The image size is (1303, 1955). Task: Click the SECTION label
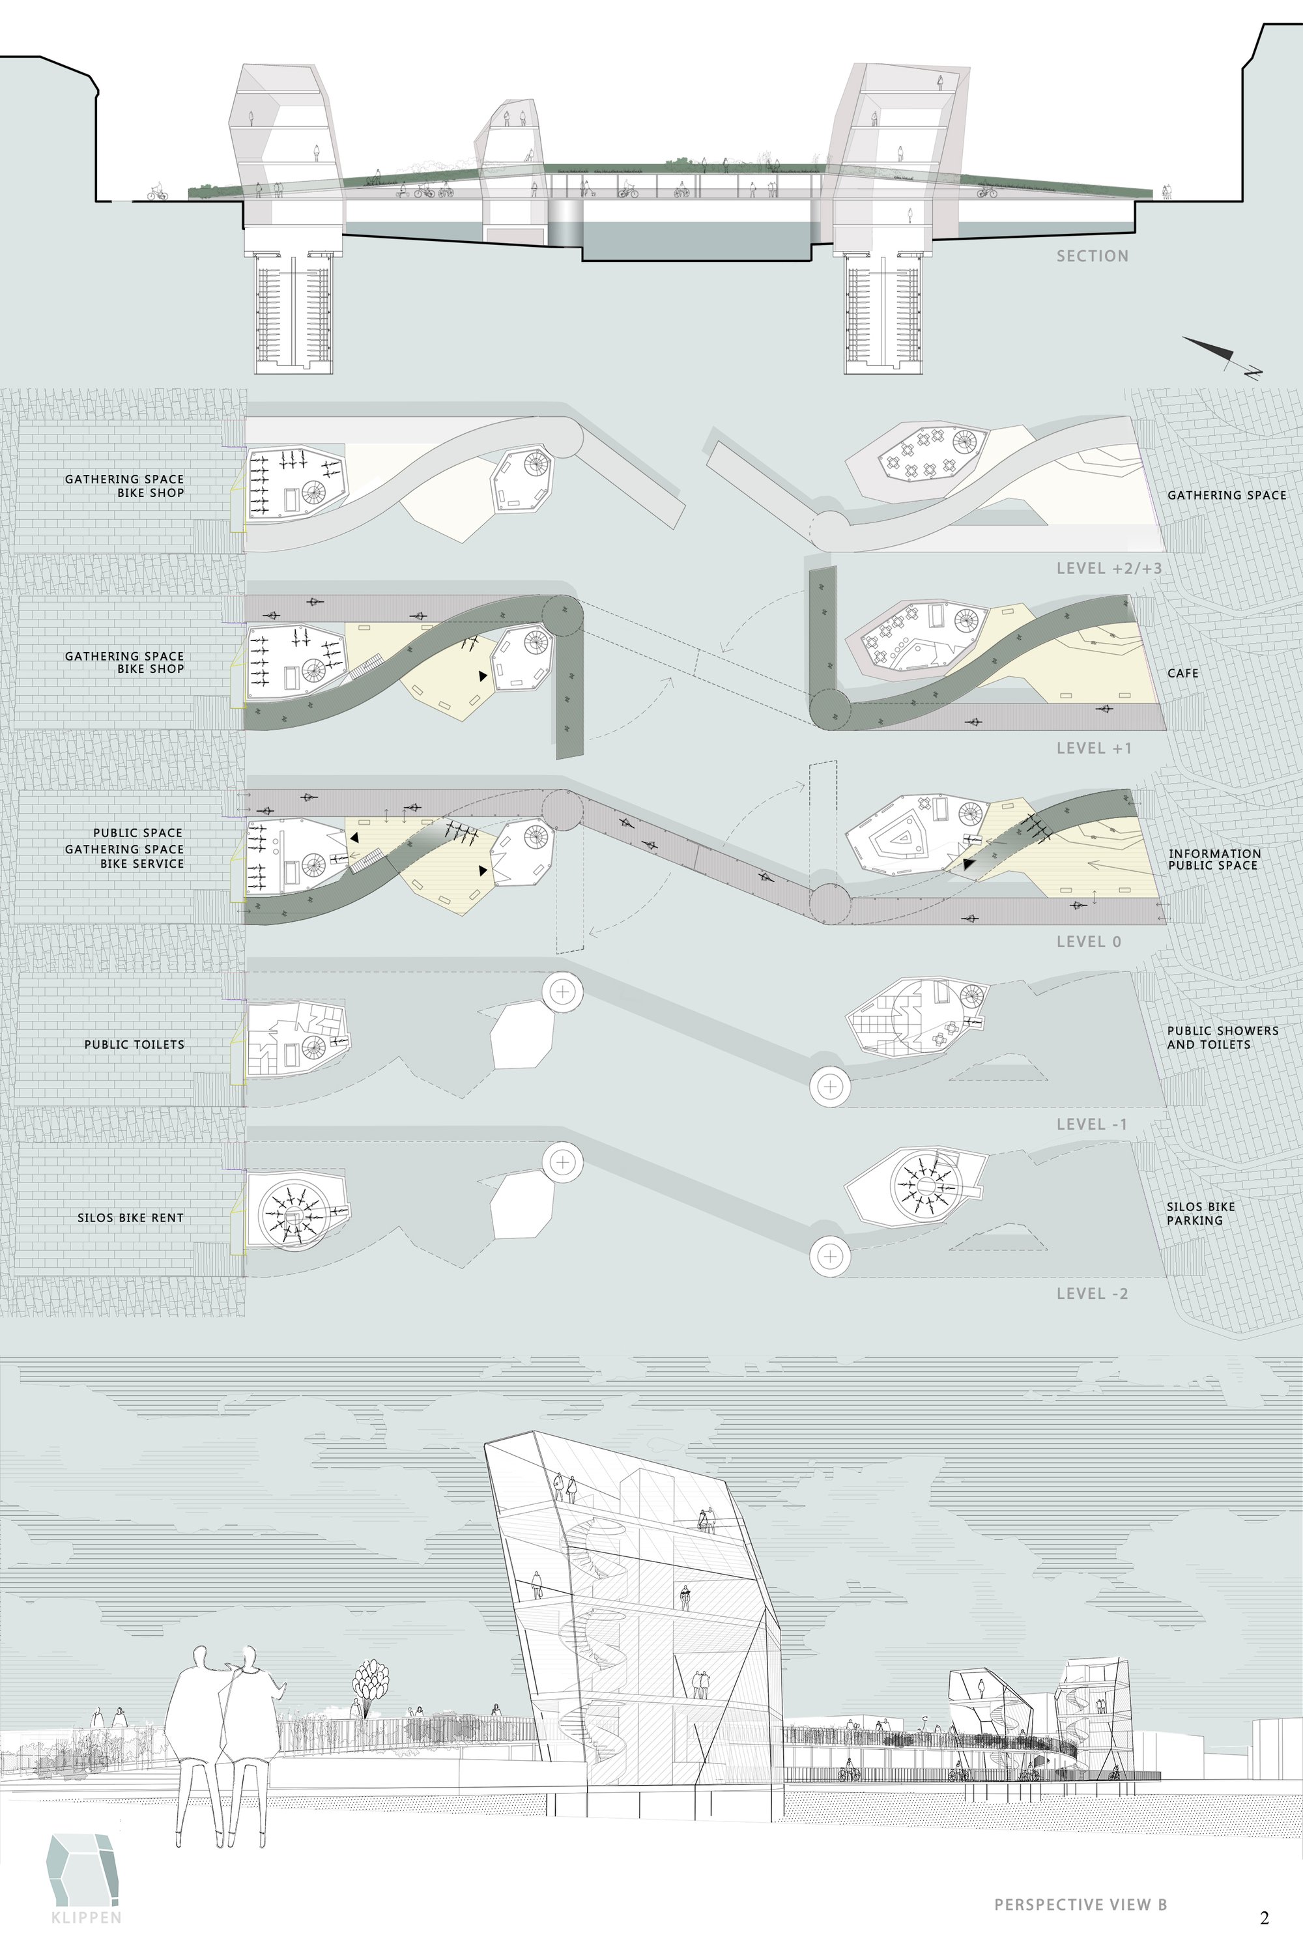(1092, 256)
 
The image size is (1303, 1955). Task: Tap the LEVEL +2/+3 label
(1109, 568)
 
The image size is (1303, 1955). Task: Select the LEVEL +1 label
(1094, 748)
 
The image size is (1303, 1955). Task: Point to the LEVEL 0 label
(1089, 941)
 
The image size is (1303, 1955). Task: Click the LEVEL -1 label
(1092, 1124)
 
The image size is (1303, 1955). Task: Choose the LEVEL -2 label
(1092, 1294)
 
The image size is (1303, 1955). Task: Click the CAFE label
(1182, 673)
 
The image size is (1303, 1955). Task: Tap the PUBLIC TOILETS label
(134, 1044)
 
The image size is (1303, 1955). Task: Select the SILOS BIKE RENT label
(130, 1217)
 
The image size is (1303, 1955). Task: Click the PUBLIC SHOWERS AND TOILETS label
(1222, 1037)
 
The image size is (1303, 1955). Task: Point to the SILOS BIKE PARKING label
(1201, 1213)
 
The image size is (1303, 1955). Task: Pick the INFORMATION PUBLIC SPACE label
(1214, 859)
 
